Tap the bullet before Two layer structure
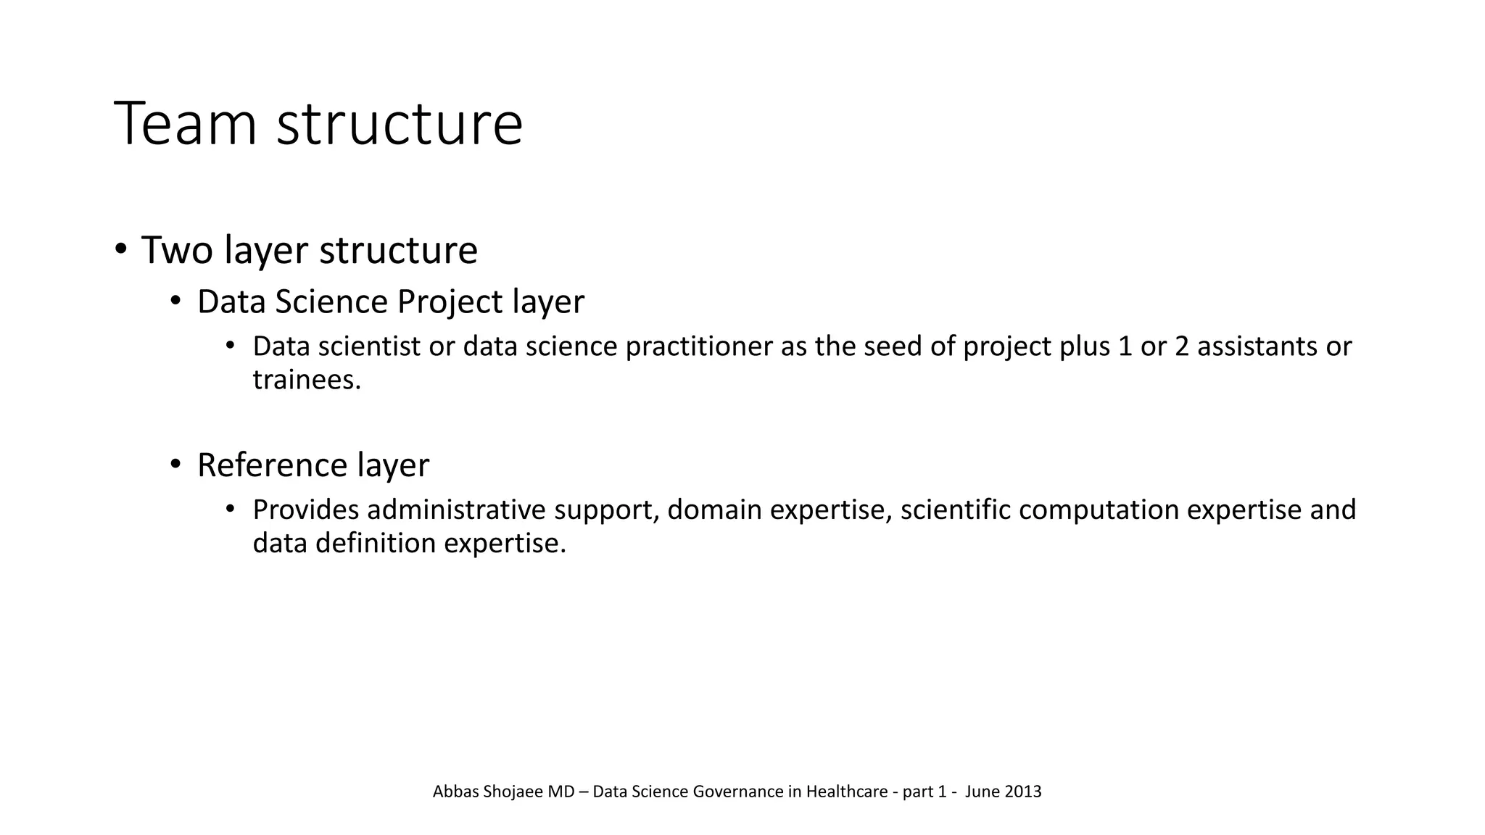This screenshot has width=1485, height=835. [x=120, y=249]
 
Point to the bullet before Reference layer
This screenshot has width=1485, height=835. [x=175, y=464]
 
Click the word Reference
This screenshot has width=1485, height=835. [x=272, y=465]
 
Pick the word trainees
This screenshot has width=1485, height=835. [x=306, y=379]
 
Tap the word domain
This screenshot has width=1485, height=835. [x=713, y=510]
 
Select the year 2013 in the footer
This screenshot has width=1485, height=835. [x=1023, y=792]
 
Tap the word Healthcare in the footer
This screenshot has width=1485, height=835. [x=846, y=792]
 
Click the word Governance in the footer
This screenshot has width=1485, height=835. [x=737, y=792]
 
